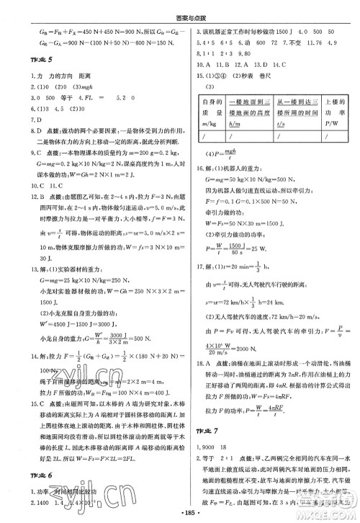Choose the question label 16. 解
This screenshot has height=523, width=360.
tap(206, 166)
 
